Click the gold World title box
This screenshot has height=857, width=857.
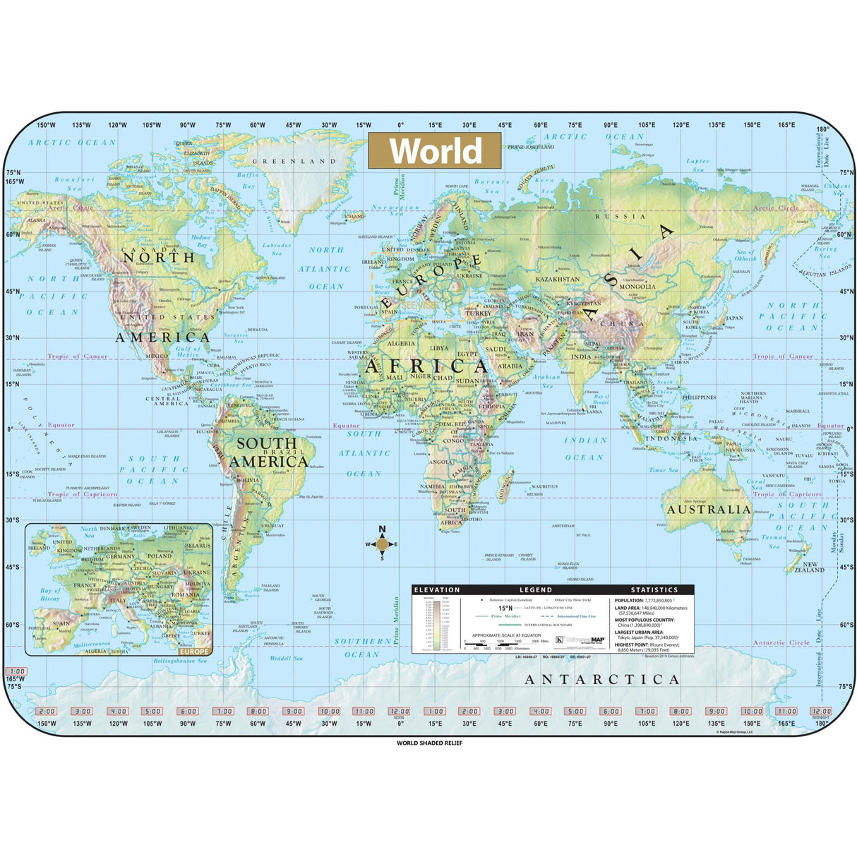(x=434, y=151)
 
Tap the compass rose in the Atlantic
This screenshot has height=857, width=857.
(x=382, y=544)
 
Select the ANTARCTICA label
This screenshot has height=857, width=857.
(x=602, y=680)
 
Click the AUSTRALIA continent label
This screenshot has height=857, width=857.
(x=708, y=509)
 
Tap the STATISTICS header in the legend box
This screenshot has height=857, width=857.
(x=654, y=589)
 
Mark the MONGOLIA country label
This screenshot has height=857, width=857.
(x=637, y=287)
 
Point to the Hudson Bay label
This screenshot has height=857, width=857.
(x=200, y=241)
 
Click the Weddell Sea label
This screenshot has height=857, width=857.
(x=286, y=658)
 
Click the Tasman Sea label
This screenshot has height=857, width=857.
(x=774, y=541)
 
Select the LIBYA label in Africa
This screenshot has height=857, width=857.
(x=439, y=348)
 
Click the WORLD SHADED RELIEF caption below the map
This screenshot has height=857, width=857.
(x=429, y=743)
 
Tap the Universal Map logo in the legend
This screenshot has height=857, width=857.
(x=580, y=640)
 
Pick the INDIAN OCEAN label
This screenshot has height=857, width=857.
(x=585, y=448)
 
